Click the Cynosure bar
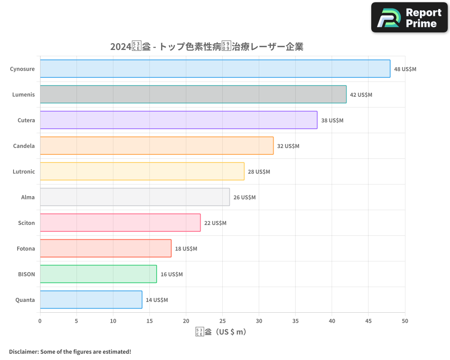coord(215,69)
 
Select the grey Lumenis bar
coord(193,94)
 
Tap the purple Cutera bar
coord(179,120)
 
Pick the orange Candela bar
coord(157,146)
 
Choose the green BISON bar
coord(98,274)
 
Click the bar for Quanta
coord(91,300)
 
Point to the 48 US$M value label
coord(405,69)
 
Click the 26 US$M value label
coord(244,198)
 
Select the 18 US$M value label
coord(186,249)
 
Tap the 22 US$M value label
coord(215,223)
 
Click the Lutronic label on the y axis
coord(23,171)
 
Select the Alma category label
coord(28,197)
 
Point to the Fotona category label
coord(26,248)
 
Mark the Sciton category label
coord(27,223)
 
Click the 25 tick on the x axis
coord(222,321)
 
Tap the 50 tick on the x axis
coord(405,321)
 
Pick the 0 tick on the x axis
coord(40,321)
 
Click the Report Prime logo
coord(409,18)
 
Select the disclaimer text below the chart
coord(70,351)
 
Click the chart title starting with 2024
coord(207,47)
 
